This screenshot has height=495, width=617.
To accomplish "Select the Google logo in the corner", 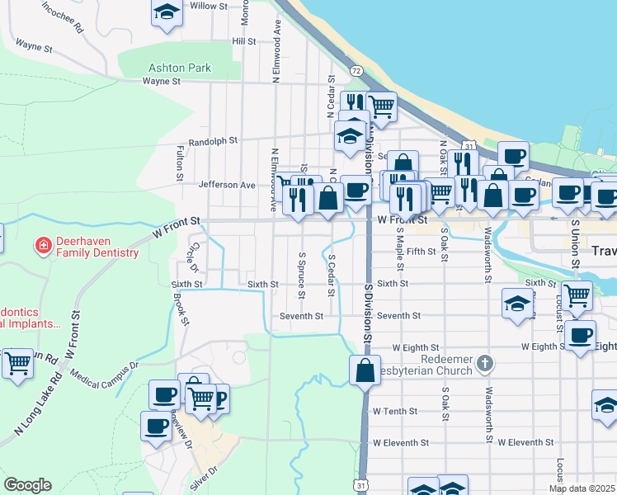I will [x=27, y=485].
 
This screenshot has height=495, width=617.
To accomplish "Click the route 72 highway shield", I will [x=356, y=71].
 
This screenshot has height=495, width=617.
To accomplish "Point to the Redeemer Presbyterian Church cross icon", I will [x=487, y=362].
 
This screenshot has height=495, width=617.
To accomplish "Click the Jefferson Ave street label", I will [x=227, y=186].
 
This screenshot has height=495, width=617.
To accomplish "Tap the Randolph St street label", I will [x=213, y=142].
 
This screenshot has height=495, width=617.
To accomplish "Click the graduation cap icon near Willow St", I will [x=167, y=12].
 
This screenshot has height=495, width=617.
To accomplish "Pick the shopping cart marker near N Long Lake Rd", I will [x=16, y=362].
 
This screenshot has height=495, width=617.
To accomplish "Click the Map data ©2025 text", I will [x=582, y=488].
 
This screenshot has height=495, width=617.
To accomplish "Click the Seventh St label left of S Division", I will [x=301, y=316].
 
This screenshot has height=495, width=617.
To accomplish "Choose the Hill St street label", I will [x=244, y=40].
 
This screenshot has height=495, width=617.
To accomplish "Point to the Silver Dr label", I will [x=203, y=478].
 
